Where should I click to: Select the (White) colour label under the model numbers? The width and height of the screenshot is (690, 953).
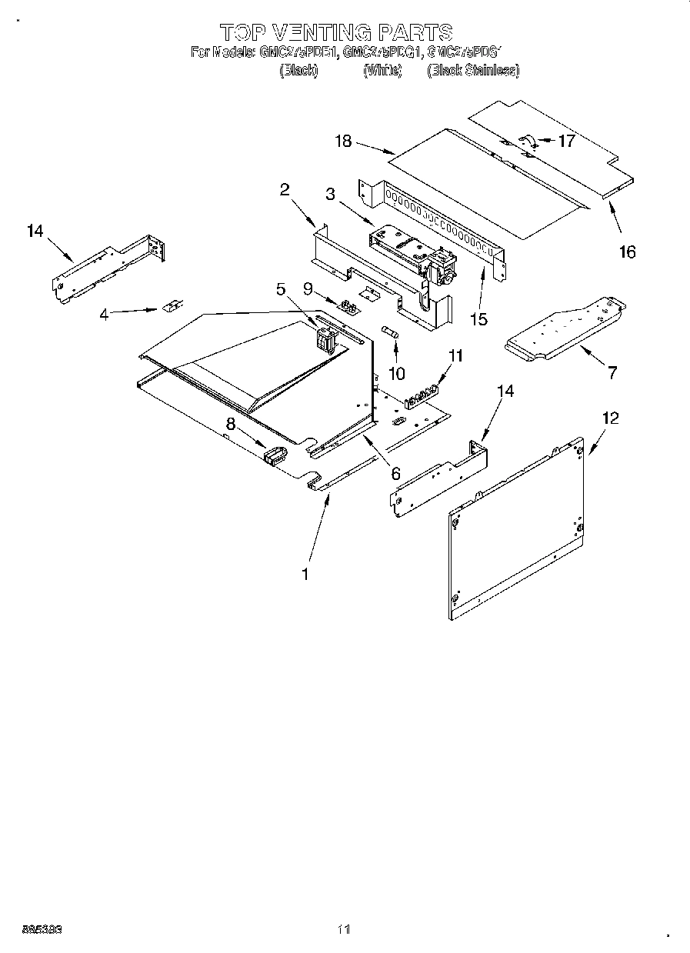[382, 71]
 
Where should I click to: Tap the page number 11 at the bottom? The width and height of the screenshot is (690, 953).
[344, 930]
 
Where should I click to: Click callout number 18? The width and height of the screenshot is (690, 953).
[343, 141]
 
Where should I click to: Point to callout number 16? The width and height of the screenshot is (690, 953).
[628, 252]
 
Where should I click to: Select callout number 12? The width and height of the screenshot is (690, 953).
[610, 418]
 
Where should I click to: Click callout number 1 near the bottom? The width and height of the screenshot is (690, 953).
[305, 573]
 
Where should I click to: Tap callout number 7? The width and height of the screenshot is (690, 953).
[612, 373]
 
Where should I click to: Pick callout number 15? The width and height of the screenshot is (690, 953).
[478, 318]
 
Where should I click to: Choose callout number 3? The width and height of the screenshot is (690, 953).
[330, 194]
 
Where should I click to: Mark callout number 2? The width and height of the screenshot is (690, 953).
[284, 190]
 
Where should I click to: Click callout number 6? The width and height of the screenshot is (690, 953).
[395, 473]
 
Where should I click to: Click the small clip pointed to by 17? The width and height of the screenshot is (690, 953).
[528, 141]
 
